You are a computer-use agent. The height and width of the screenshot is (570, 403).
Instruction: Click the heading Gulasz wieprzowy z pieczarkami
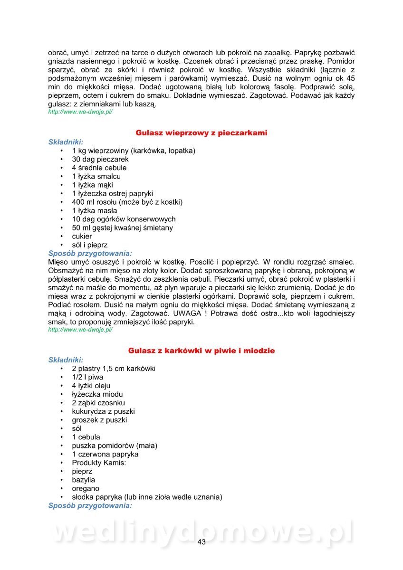[201, 133]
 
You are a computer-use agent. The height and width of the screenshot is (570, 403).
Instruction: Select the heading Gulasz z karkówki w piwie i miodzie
[201, 351]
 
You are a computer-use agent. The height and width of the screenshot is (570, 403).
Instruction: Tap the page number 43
[201, 542]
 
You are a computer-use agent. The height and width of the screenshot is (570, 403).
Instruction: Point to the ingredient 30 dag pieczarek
[100, 159]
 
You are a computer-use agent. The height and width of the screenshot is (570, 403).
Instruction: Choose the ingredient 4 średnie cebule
[99, 168]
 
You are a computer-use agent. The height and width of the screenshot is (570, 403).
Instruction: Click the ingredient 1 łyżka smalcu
[96, 176]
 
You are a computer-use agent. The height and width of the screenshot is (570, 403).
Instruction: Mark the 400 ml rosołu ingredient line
[127, 202]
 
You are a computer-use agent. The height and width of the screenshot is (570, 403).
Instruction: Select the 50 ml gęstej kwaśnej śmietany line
[122, 228]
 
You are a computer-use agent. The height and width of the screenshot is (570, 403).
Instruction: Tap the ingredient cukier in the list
[82, 236]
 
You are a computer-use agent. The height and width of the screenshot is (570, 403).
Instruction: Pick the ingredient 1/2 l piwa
[87, 377]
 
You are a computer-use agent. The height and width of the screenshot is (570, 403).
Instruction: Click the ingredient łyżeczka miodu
[97, 394]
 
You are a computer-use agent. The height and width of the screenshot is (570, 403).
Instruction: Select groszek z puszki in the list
[99, 420]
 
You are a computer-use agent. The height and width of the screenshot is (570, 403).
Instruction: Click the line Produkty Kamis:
[99, 463]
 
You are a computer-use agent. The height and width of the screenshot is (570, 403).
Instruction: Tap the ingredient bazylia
[83, 480]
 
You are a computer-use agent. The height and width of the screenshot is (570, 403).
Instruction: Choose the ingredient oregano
[86, 488]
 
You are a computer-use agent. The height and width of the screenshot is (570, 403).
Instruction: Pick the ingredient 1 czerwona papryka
[105, 454]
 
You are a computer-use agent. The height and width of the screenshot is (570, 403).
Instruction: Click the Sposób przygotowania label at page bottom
[90, 506]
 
